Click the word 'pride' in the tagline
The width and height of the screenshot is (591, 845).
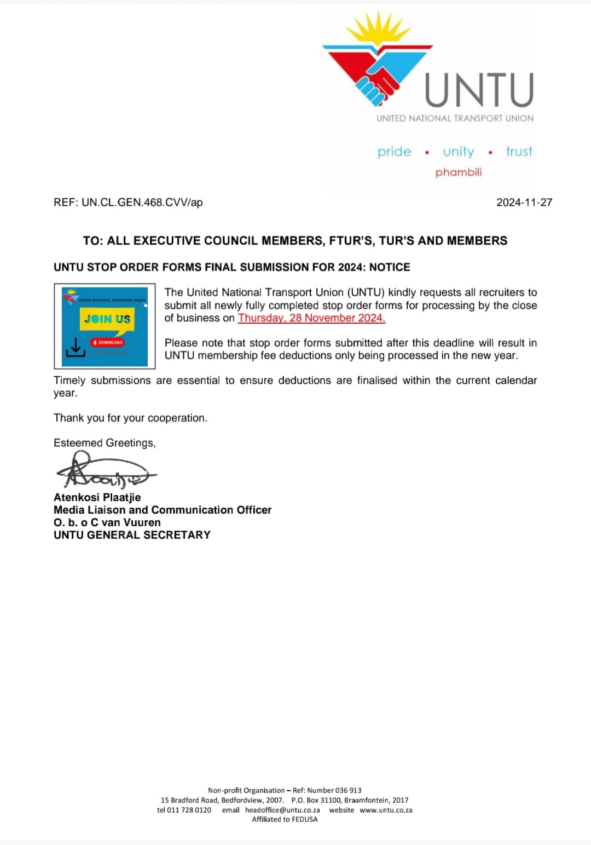[x=394, y=152]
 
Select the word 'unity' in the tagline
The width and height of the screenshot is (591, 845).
[x=459, y=152]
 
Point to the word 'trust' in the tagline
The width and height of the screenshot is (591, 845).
[x=519, y=151]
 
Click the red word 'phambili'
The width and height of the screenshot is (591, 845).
[x=459, y=172]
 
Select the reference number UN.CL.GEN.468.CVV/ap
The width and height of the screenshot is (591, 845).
[x=142, y=202]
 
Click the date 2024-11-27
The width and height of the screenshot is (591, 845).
[x=524, y=202]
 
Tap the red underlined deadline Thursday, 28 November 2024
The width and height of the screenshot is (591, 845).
[x=311, y=318]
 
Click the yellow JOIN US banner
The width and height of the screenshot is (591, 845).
[x=107, y=319]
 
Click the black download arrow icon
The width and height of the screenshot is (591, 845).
[x=75, y=348]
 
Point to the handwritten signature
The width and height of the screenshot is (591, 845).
[x=104, y=471]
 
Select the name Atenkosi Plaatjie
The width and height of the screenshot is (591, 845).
[x=97, y=497]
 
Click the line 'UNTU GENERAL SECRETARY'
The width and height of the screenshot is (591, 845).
[x=132, y=535]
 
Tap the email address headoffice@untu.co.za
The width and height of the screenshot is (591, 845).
[x=282, y=810]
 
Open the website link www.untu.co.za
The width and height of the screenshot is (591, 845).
[x=386, y=810]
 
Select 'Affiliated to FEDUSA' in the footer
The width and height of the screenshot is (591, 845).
[x=285, y=819]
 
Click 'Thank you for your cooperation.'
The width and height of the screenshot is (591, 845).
[x=130, y=418]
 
